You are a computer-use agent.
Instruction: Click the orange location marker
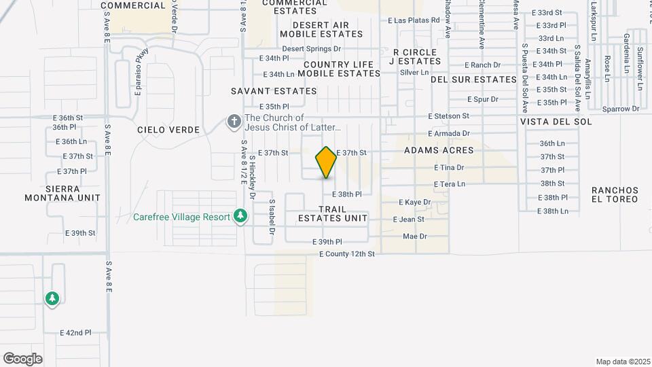[326, 162]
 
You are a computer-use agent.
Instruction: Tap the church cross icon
[234, 122]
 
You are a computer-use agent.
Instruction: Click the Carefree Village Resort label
[181, 217]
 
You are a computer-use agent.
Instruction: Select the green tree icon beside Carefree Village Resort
[240, 217]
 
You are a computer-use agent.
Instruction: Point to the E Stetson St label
[448, 117]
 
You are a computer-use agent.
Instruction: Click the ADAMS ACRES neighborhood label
[438, 150]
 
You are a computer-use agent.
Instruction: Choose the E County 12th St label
[347, 254]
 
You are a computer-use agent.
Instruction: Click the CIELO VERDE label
[168, 130]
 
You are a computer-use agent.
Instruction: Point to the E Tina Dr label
[449, 167]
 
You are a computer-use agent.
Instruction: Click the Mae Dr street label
[414, 237]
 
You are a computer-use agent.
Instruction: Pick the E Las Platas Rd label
[414, 20]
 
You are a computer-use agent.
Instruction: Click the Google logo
[22, 359]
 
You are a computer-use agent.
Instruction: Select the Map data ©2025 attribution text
[621, 362]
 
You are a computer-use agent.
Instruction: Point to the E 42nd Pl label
[75, 333]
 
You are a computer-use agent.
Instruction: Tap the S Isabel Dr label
[271, 217]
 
